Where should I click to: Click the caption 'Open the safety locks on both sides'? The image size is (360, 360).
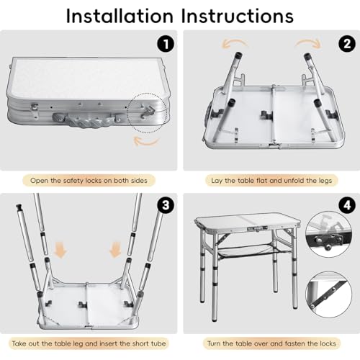coord(90,179)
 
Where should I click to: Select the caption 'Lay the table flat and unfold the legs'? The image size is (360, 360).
coord(270,179)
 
